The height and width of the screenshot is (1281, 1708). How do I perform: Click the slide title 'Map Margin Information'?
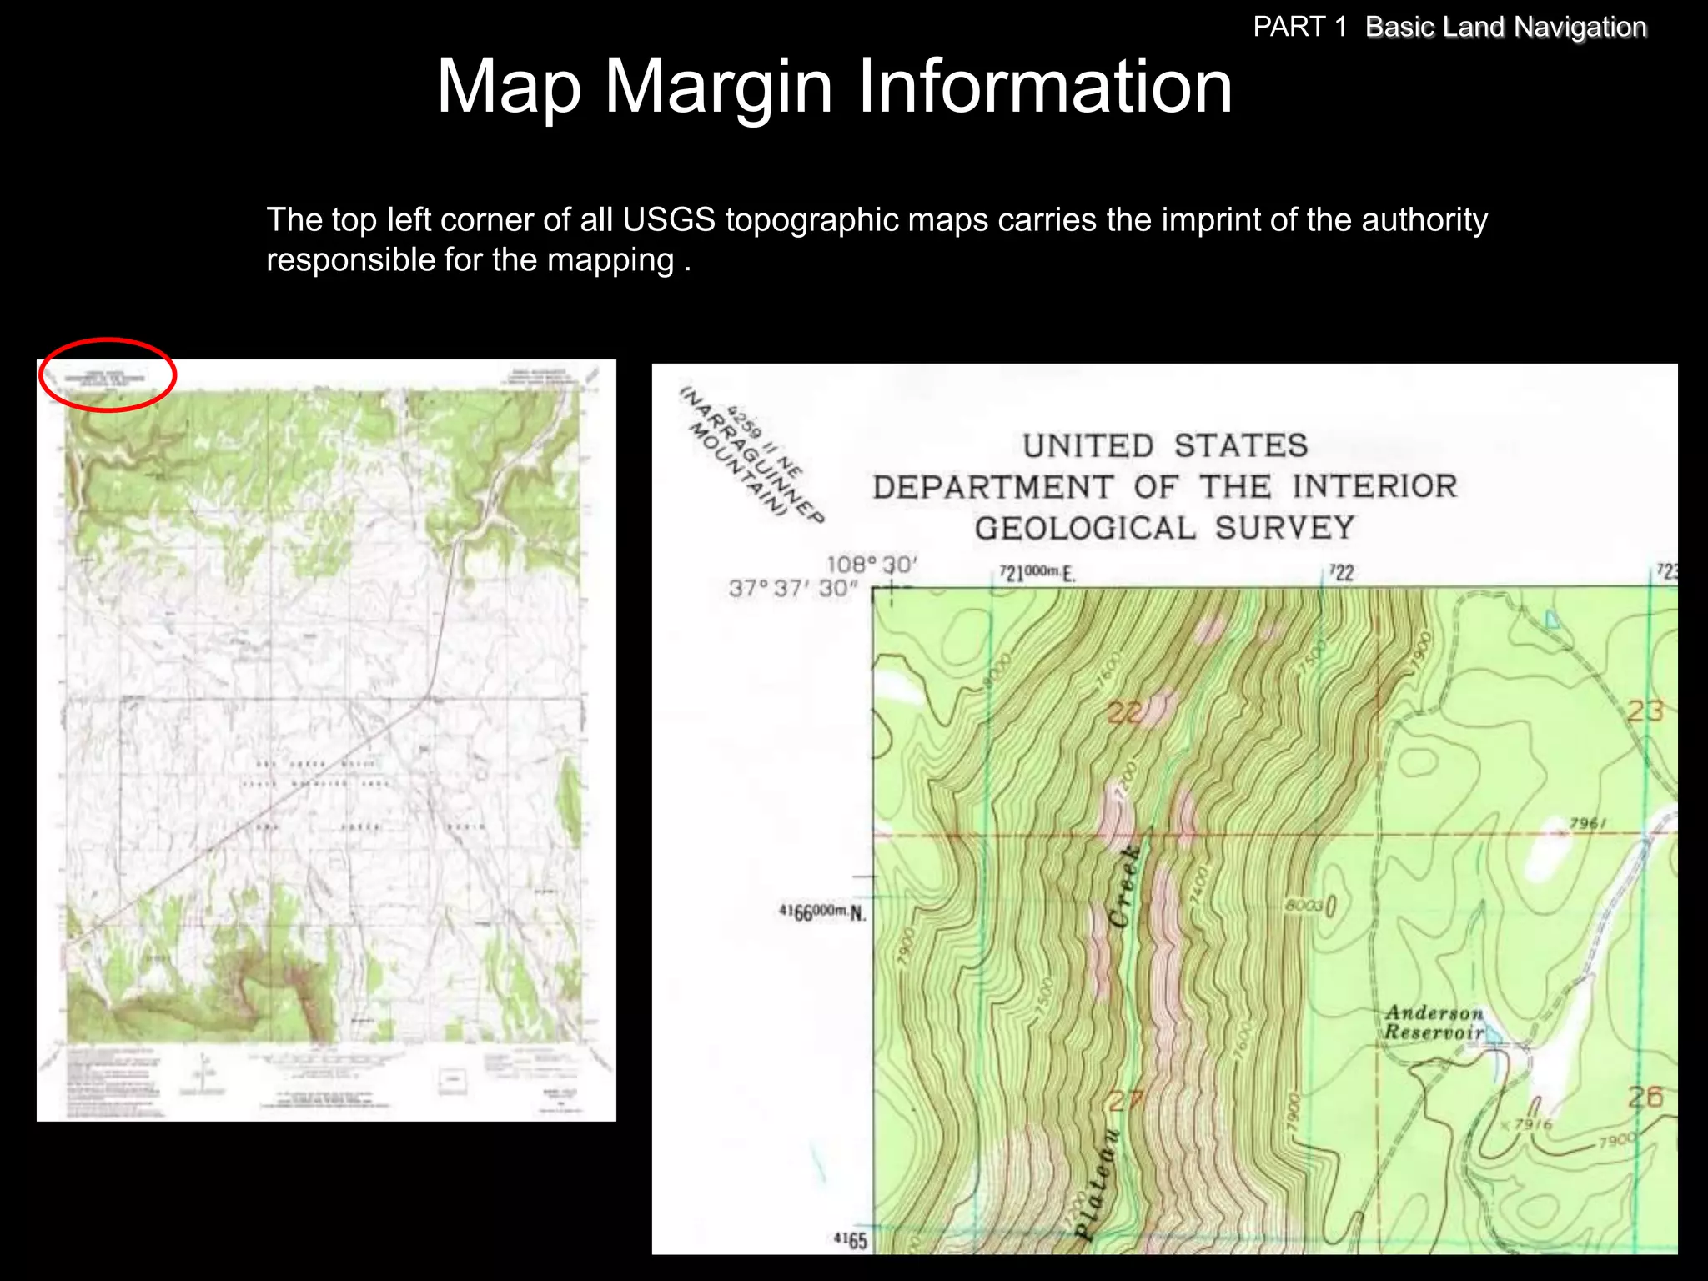point(834,86)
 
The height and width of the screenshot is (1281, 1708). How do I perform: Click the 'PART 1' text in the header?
point(1299,28)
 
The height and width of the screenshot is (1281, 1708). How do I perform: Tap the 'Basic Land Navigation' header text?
point(1505,28)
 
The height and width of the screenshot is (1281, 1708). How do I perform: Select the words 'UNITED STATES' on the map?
point(1165,446)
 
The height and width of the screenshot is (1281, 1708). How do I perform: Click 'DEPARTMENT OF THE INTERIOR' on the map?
point(1165,487)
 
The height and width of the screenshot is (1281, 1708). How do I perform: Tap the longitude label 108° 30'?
point(871,565)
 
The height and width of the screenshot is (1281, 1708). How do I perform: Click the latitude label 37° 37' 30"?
point(792,589)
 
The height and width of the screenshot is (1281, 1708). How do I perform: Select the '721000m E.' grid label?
point(1037,573)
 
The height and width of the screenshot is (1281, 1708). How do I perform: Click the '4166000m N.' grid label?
point(822,912)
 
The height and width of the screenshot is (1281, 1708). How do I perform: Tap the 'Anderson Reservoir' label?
point(1434,1023)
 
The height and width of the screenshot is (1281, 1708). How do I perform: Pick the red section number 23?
point(1645,711)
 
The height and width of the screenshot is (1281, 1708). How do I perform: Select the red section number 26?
point(1645,1098)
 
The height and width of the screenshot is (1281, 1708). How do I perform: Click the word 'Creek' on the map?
point(1125,887)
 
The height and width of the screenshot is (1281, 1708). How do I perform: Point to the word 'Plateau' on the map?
point(1096,1184)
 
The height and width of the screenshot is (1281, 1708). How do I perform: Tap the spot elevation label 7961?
point(1587,824)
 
